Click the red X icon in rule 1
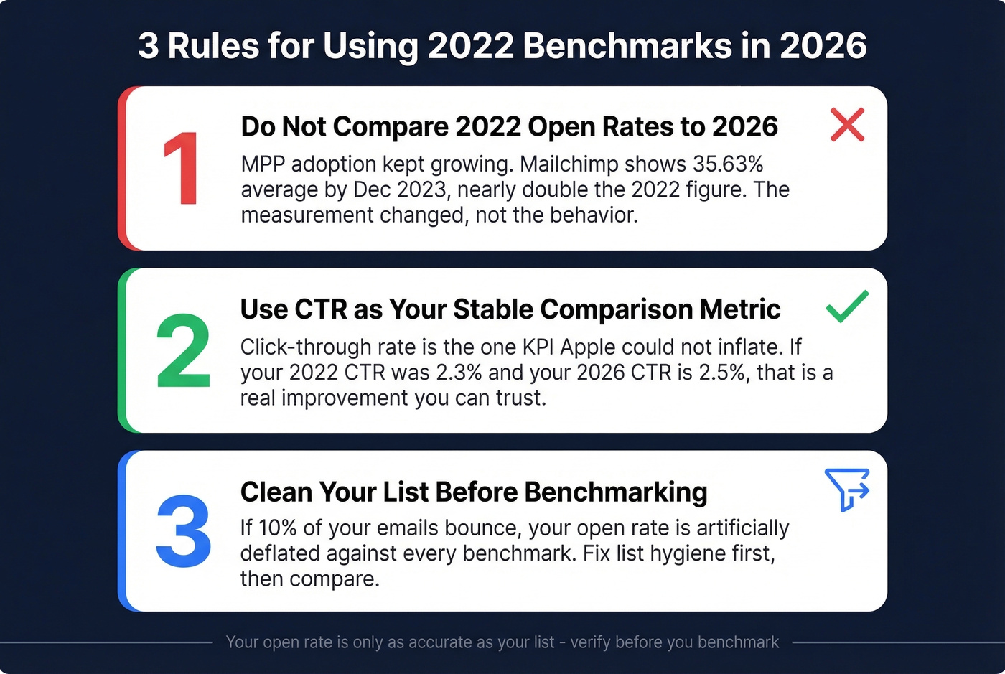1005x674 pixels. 847,125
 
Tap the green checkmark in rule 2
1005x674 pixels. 847,306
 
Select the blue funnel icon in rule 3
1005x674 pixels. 847,490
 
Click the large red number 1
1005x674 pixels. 180,169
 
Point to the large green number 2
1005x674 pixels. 183,352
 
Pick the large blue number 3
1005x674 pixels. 183,532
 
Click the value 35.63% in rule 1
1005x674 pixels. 727,164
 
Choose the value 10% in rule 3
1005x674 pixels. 277,528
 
